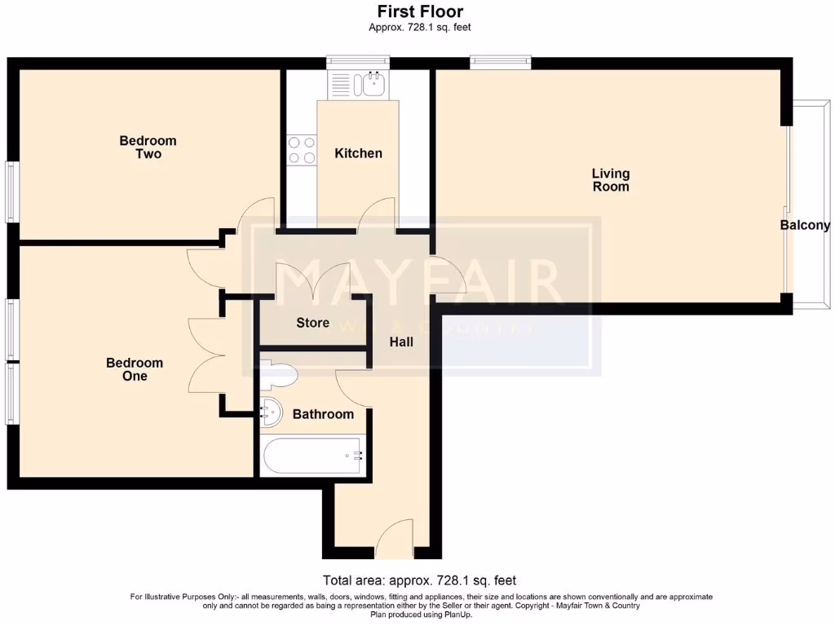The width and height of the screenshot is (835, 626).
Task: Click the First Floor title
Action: pyautogui.click(x=420, y=11)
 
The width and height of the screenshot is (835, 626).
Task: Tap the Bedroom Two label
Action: pyautogui.click(x=148, y=148)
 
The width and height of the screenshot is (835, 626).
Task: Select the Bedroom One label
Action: pyautogui.click(x=135, y=369)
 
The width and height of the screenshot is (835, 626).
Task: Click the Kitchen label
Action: pyautogui.click(x=358, y=153)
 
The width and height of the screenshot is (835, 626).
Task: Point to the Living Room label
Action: pyautogui.click(x=611, y=180)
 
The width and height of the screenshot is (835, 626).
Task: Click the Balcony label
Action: pyautogui.click(x=805, y=226)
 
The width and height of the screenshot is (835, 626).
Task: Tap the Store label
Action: pyautogui.click(x=312, y=324)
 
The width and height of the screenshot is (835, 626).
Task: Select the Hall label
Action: pyautogui.click(x=401, y=342)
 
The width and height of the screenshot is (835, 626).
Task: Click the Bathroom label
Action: pyautogui.click(x=323, y=414)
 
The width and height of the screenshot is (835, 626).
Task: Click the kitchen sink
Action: pyautogui.click(x=375, y=82)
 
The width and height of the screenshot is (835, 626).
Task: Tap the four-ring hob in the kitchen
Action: pyautogui.click(x=302, y=149)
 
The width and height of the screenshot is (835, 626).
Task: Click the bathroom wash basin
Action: pyautogui.click(x=270, y=412)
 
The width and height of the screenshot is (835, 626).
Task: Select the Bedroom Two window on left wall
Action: pyautogui.click(x=11, y=192)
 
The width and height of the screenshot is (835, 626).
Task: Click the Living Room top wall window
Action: pyautogui.click(x=500, y=60)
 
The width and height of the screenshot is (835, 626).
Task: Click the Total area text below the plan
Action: pyautogui.click(x=420, y=581)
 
